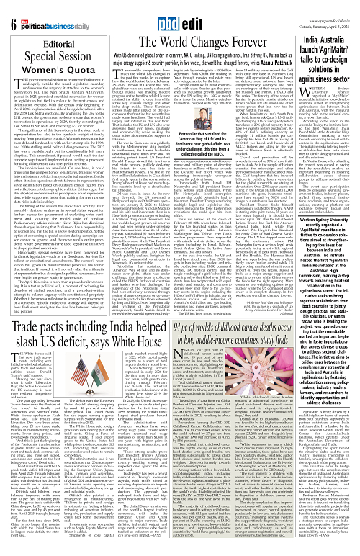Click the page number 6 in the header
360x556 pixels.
click(12, 10)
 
